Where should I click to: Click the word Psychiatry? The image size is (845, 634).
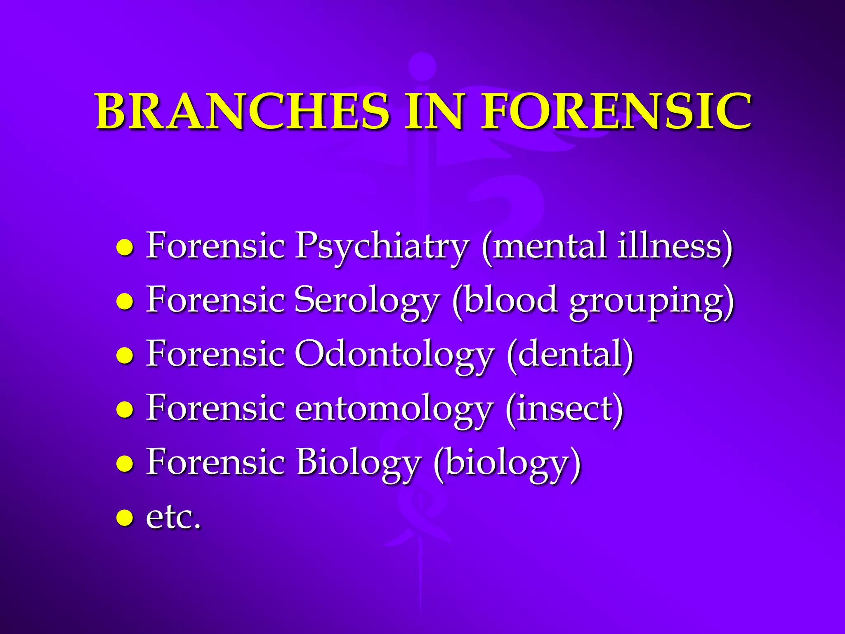click(x=382, y=246)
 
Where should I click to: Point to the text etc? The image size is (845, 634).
click(x=173, y=517)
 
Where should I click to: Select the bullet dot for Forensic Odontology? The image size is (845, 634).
click(x=125, y=355)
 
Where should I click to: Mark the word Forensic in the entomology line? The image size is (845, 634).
click(x=215, y=409)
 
